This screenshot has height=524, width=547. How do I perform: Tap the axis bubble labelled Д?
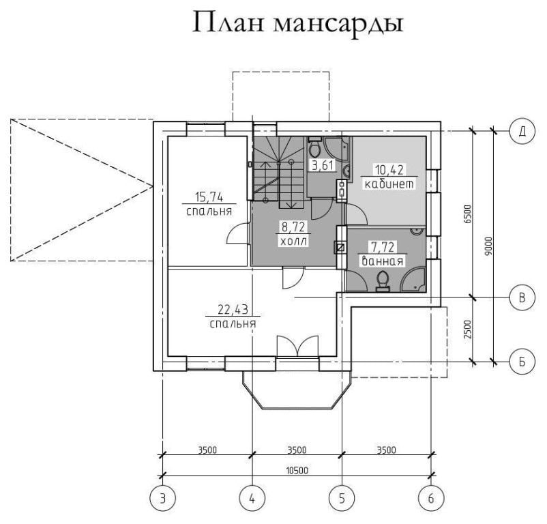pos(522,131)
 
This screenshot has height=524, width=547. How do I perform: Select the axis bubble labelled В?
pos(522,297)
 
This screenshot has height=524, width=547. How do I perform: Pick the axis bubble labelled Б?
pos(522,361)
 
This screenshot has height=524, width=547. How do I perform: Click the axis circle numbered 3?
pos(162,498)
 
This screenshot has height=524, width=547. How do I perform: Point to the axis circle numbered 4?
pos(252,498)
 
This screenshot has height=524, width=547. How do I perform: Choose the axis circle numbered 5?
pos(342,498)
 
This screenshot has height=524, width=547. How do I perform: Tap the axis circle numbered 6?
pos(431,498)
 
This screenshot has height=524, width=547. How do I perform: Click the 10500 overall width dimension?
pos(297,471)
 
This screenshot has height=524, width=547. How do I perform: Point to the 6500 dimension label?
pos(468,214)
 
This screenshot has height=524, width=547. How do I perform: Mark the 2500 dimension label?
pos(468,329)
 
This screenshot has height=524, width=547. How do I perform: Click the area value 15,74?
pos(209,197)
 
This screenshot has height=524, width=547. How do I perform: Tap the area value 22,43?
pos(233,310)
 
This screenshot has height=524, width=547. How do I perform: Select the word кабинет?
pos(389,184)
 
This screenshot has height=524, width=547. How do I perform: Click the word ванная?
pos(383,261)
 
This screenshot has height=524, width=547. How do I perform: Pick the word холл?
pos(293,241)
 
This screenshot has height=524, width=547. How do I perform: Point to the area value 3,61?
pos(323,165)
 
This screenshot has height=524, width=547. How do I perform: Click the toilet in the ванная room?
pos(383,281)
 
